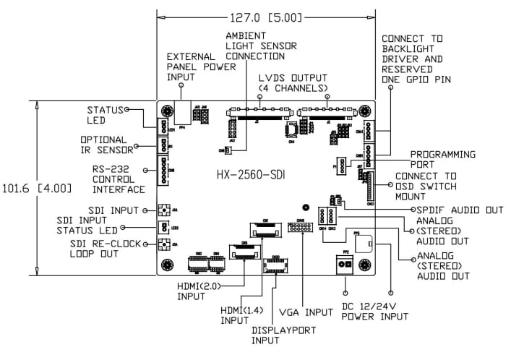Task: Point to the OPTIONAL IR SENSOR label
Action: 106,145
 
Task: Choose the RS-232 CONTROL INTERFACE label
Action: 113,179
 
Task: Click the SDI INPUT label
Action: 111,210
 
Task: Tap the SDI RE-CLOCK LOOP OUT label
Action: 106,248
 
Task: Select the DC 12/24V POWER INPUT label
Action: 374,312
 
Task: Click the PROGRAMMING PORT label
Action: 442,159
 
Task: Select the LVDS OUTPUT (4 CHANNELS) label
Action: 293,82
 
